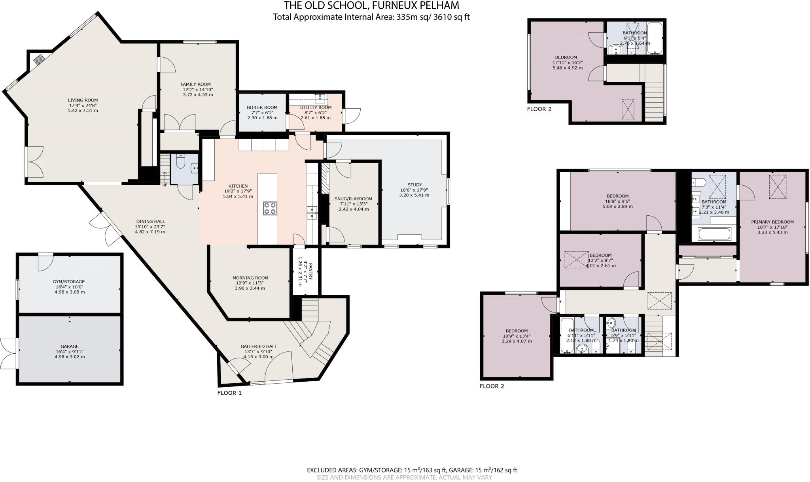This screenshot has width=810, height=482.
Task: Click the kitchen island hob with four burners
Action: coord(270,208)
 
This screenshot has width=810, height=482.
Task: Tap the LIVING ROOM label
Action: coord(83,100)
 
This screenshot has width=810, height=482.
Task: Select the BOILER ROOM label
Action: coord(262,107)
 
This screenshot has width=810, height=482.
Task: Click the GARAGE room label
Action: coord(70,346)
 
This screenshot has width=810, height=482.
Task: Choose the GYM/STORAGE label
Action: coord(69,282)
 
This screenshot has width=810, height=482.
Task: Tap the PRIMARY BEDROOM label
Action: coord(772,222)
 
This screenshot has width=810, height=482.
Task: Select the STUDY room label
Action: coord(414,185)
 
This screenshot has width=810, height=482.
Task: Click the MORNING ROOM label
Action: coord(250,278)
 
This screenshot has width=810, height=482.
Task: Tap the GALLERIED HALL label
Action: coord(259,346)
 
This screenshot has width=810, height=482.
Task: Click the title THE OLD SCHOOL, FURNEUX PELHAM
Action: coord(371,6)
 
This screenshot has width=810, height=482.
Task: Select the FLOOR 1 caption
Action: coord(229,393)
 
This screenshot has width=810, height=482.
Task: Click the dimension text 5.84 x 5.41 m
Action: coord(238,196)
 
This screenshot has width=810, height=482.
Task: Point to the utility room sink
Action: coord(320,97)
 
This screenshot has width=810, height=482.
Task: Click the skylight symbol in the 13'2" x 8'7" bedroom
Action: coord(576,260)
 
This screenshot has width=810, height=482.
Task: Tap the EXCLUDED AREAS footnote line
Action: coord(412,470)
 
